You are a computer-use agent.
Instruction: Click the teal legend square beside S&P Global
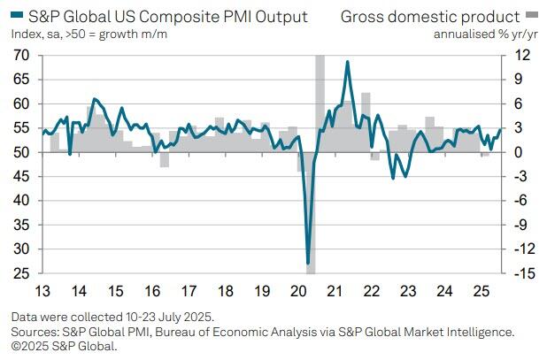pos(17,17)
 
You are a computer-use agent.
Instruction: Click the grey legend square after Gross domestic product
pos(532,17)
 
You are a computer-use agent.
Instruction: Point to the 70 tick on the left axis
pos(21,56)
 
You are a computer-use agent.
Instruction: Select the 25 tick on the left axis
pos(21,273)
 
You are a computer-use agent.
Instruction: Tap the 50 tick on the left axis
pos(21,152)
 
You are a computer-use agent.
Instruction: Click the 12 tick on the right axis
pos(522,56)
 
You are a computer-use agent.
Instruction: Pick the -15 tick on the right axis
pos(522,273)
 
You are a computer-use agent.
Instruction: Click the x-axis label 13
pos(42,290)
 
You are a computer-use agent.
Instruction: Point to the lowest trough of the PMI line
pos(308,263)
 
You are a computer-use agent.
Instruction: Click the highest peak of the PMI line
pos(347,62)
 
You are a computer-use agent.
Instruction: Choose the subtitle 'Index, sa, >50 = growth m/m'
pos(89,34)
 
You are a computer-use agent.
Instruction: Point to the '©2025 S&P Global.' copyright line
pos(64,345)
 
